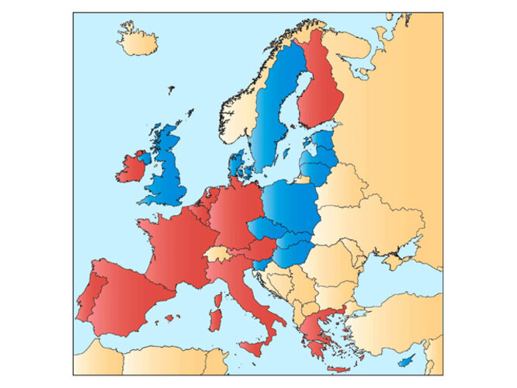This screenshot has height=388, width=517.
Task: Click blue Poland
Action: [x=291, y=206]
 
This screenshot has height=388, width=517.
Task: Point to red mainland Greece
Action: [x=314, y=326]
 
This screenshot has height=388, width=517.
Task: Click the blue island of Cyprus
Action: [x=405, y=362]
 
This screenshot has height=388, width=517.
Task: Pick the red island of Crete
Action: [x=338, y=368]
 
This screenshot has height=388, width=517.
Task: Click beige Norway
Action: [x=237, y=116]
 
